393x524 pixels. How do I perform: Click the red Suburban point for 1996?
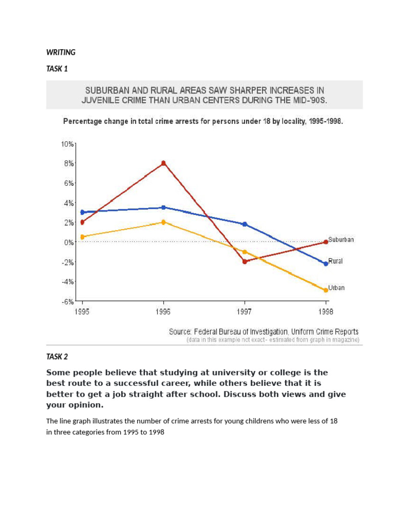163,163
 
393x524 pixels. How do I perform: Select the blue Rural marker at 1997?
245,224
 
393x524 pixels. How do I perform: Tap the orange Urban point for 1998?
325,290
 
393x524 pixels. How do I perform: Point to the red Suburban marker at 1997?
245,261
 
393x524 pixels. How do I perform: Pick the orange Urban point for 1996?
163,222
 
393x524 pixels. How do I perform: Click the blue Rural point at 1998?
325,264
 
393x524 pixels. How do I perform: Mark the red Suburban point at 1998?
325,242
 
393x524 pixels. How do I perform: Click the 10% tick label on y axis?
68,144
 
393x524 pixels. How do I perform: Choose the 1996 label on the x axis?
163,311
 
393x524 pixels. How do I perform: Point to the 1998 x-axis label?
325,311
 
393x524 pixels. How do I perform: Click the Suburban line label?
341,239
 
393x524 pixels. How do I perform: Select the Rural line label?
336,261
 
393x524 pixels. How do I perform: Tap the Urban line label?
336,288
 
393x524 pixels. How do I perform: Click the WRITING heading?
61,52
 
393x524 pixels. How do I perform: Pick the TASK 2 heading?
57,357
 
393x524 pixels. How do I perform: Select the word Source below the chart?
181,332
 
